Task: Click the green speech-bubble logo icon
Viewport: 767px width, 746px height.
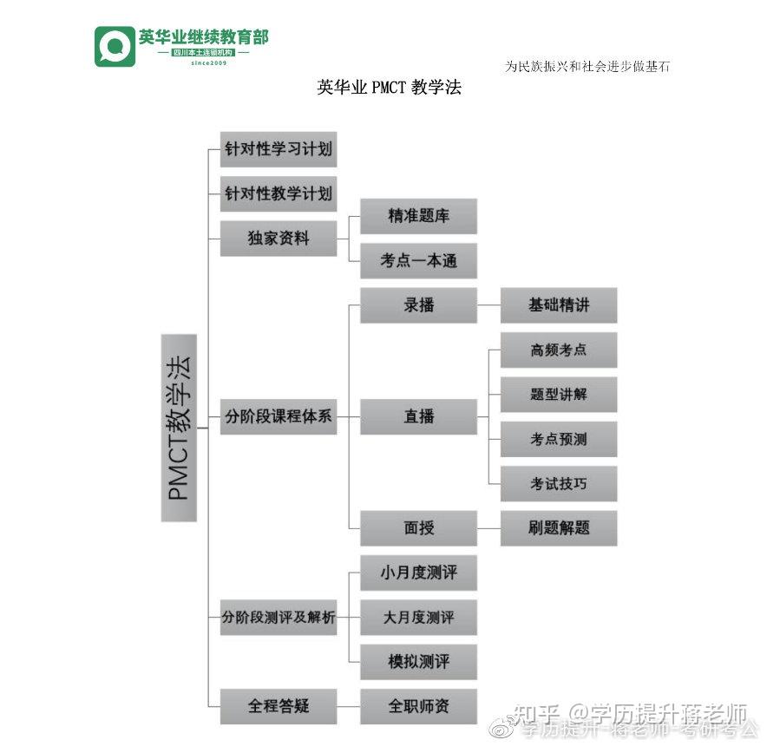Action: (115, 46)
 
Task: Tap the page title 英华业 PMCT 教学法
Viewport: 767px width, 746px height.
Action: (389, 88)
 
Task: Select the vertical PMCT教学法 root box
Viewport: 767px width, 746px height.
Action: (179, 428)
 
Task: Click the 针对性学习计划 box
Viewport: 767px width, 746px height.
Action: (278, 149)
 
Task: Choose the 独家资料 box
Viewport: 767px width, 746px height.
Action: (278, 239)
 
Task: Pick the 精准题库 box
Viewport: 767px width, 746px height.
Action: (418, 216)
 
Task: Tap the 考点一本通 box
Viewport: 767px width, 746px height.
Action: (418, 261)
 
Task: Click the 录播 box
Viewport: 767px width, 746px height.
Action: (418, 305)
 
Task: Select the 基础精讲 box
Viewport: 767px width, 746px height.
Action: (559, 305)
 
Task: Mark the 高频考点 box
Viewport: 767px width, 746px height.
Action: (559, 350)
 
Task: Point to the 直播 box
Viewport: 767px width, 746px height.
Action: (418, 416)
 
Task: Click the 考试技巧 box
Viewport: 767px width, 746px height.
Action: (559, 484)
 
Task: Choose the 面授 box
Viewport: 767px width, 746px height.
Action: (418, 528)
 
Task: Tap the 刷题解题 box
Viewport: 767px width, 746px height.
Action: (559, 528)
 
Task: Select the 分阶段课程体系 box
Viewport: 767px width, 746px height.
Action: (278, 416)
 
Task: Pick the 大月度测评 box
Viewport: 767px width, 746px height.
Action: (418, 618)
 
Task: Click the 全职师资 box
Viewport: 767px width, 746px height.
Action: (418, 706)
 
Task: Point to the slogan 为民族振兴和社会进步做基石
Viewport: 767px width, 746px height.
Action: (587, 67)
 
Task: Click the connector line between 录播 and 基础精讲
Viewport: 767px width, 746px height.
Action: (488, 306)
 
